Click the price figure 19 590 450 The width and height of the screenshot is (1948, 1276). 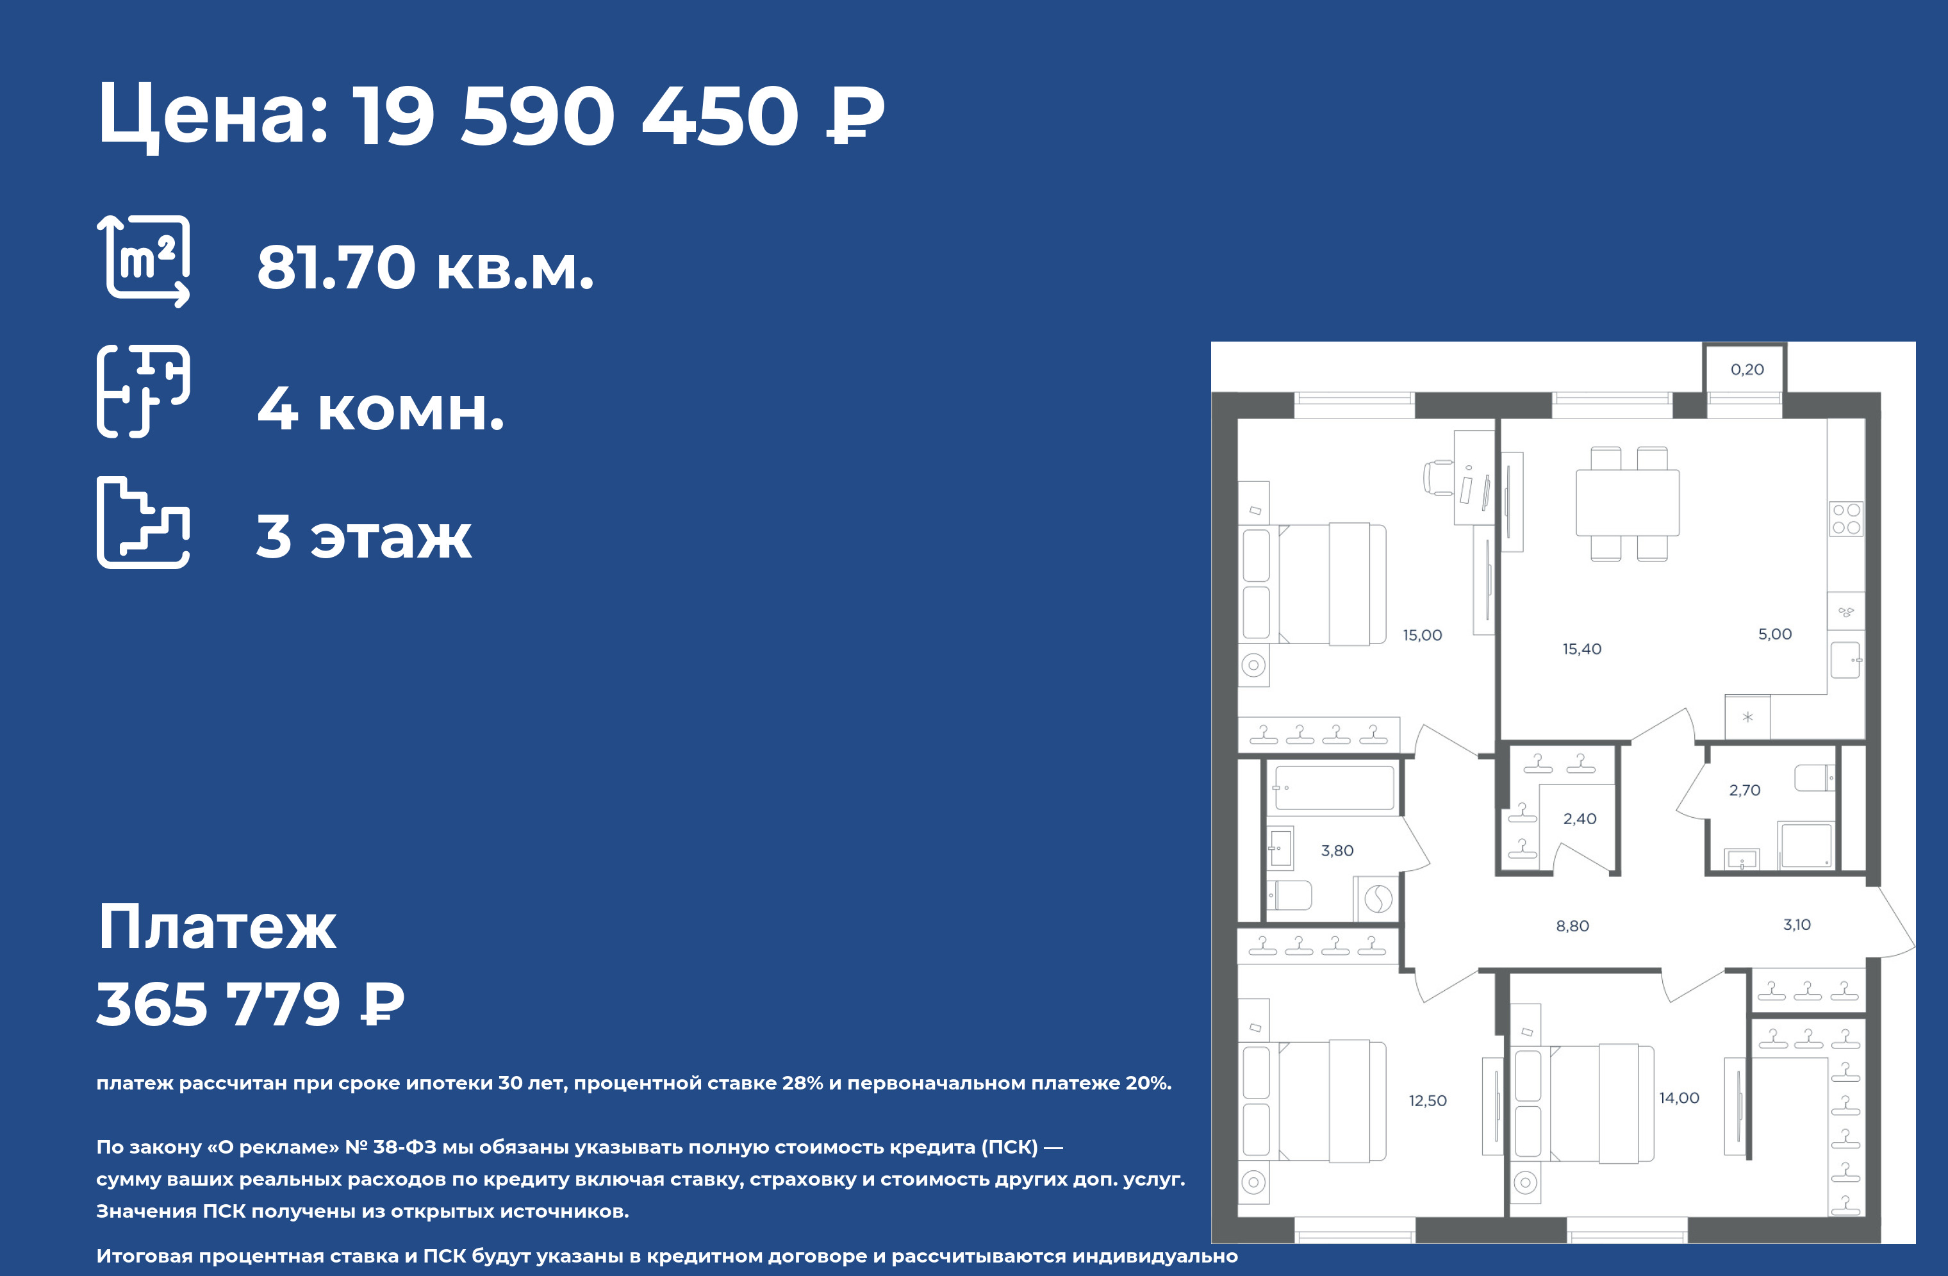575,115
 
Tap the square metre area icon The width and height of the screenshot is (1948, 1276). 144,261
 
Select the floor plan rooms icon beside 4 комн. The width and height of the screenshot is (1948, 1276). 144,391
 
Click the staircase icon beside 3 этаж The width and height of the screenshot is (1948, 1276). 144,522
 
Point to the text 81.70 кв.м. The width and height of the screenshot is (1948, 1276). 425,268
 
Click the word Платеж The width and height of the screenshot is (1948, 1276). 217,927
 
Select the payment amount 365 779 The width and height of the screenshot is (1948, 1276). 219,1004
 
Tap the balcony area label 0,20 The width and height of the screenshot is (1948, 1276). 1747,369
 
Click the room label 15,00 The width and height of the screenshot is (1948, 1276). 1423,635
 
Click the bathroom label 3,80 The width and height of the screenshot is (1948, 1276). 1337,851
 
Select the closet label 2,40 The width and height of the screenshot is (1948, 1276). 1580,819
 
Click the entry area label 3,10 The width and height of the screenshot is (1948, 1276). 1797,925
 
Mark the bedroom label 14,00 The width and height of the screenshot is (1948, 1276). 1680,1098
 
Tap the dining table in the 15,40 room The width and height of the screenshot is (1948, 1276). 1628,502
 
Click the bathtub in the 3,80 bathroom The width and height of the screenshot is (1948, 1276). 1335,788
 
